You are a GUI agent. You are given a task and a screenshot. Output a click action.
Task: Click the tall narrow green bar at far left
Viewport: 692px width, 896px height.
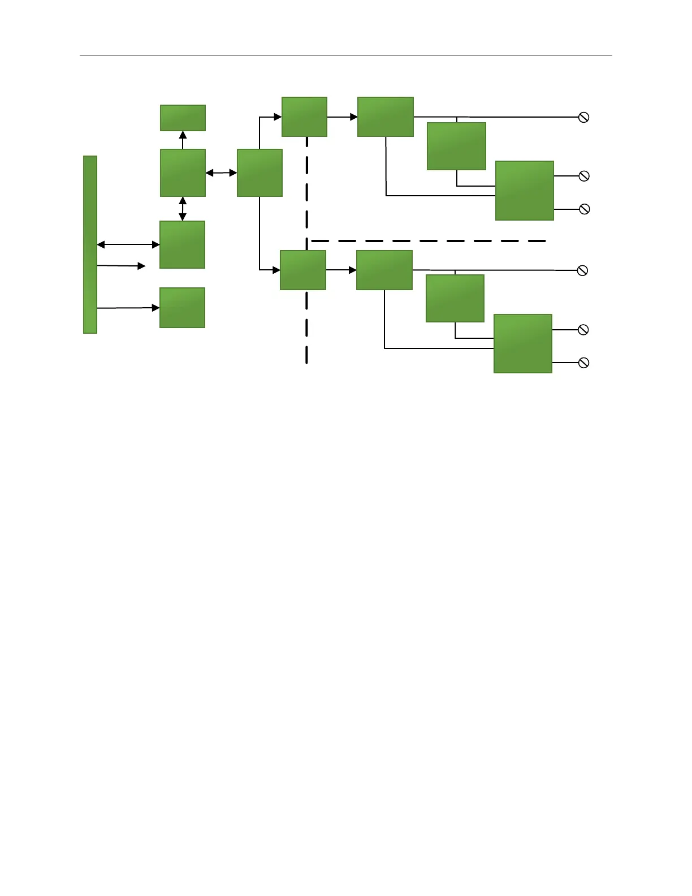[x=90, y=244]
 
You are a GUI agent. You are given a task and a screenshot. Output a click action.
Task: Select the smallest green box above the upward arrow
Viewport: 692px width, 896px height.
[x=183, y=118]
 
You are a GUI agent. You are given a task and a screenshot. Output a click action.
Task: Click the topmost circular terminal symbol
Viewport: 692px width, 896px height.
[x=584, y=117]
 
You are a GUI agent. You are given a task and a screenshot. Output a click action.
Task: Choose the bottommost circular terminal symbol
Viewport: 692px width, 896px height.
[x=584, y=363]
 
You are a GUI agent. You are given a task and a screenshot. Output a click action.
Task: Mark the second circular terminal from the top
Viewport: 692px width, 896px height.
[x=584, y=176]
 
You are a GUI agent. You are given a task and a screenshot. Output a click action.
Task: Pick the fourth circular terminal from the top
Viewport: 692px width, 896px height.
[x=582, y=270]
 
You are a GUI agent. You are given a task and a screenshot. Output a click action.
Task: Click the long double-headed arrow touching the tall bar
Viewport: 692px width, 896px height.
[x=128, y=244]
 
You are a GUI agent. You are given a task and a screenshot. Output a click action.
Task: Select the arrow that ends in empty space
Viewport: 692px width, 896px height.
[x=122, y=265]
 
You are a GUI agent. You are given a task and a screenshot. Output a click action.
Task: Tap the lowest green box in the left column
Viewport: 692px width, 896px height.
[x=182, y=308]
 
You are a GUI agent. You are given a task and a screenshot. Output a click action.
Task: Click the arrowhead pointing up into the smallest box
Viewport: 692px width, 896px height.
[x=183, y=136]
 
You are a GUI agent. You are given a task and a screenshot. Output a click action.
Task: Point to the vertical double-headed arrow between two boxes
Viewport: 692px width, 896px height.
[x=183, y=208]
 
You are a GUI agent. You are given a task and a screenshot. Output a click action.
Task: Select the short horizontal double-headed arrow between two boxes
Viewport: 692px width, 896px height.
[x=221, y=173]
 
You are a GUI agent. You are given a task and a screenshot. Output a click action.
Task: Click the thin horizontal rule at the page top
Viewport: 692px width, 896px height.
[x=346, y=55]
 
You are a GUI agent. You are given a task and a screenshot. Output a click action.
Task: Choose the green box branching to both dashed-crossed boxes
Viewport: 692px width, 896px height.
[x=259, y=173]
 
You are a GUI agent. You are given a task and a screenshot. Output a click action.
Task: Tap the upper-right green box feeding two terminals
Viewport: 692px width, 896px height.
[x=524, y=191]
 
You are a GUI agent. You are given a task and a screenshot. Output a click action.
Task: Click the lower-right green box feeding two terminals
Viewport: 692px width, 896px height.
[x=522, y=343]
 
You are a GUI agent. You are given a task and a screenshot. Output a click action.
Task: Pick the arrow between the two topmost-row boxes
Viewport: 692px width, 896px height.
[x=342, y=117]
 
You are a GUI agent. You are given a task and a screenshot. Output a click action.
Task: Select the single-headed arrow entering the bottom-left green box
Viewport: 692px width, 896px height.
[x=128, y=308]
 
